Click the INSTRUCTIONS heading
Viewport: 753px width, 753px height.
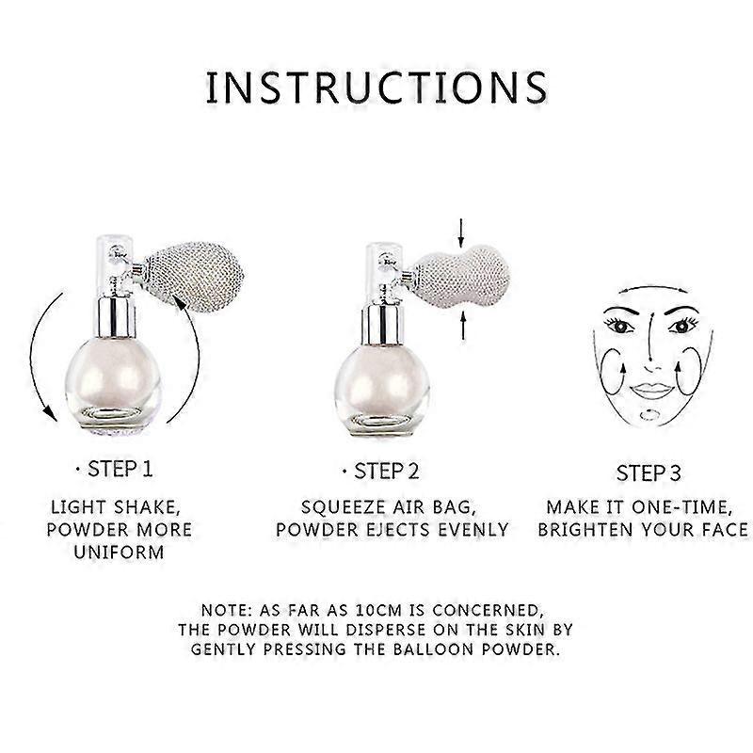(376, 88)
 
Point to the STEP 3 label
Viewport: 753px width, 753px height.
(649, 473)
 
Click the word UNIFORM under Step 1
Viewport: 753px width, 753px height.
(120, 552)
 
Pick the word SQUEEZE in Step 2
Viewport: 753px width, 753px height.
(344, 507)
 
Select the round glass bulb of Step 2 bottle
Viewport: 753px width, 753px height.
(382, 389)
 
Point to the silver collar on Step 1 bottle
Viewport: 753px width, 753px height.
(115, 317)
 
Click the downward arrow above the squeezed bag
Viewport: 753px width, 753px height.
(461, 232)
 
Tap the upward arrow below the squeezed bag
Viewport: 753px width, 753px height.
(463, 325)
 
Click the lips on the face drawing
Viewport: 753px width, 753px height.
(650, 390)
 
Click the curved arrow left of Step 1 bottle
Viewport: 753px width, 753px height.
(40, 358)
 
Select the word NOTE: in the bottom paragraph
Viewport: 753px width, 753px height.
(227, 610)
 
